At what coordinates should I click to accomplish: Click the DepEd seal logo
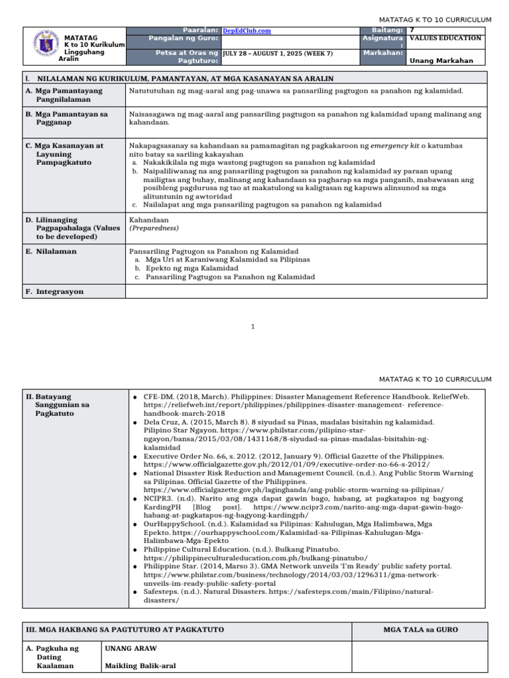point(45,46)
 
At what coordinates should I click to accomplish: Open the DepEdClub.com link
point(247,30)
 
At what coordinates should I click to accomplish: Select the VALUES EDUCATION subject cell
point(445,38)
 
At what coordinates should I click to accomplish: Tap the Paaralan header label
point(201,30)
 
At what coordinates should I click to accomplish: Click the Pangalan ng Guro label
point(185,38)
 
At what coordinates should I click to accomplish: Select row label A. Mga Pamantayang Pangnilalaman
point(67,94)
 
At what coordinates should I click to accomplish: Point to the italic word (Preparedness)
point(154,228)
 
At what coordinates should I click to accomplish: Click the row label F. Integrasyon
point(54,291)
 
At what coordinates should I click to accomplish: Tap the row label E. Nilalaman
point(51,252)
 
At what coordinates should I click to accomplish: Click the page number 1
point(254,326)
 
